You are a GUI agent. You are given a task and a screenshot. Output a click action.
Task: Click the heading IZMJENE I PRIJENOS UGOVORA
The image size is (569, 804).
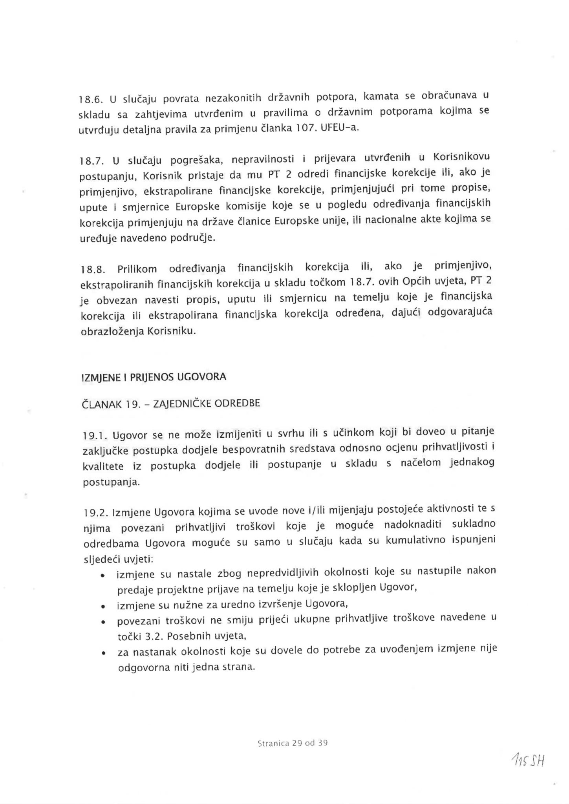[154, 377]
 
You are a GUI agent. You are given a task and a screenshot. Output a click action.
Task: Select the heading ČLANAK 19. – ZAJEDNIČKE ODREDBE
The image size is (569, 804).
[170, 404]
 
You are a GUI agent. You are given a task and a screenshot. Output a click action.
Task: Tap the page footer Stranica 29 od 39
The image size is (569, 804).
[293, 743]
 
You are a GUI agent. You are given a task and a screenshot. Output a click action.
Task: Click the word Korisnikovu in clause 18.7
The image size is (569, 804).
[461, 157]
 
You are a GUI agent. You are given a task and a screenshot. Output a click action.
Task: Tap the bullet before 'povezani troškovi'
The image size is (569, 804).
[103, 622]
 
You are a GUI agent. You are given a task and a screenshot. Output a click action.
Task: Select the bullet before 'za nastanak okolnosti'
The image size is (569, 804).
[103, 654]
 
